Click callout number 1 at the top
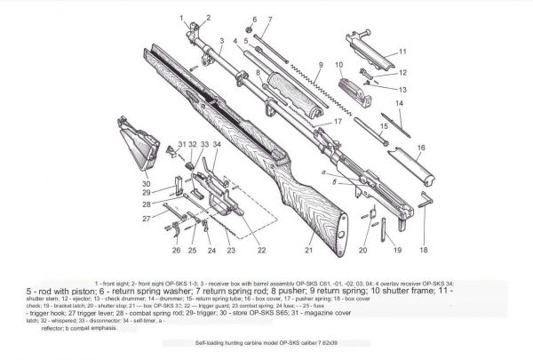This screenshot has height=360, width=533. (x=181, y=17)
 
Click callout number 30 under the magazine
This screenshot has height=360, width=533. (x=147, y=184)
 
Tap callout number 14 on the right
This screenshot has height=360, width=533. (x=399, y=104)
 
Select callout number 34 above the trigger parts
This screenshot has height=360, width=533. (x=217, y=144)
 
